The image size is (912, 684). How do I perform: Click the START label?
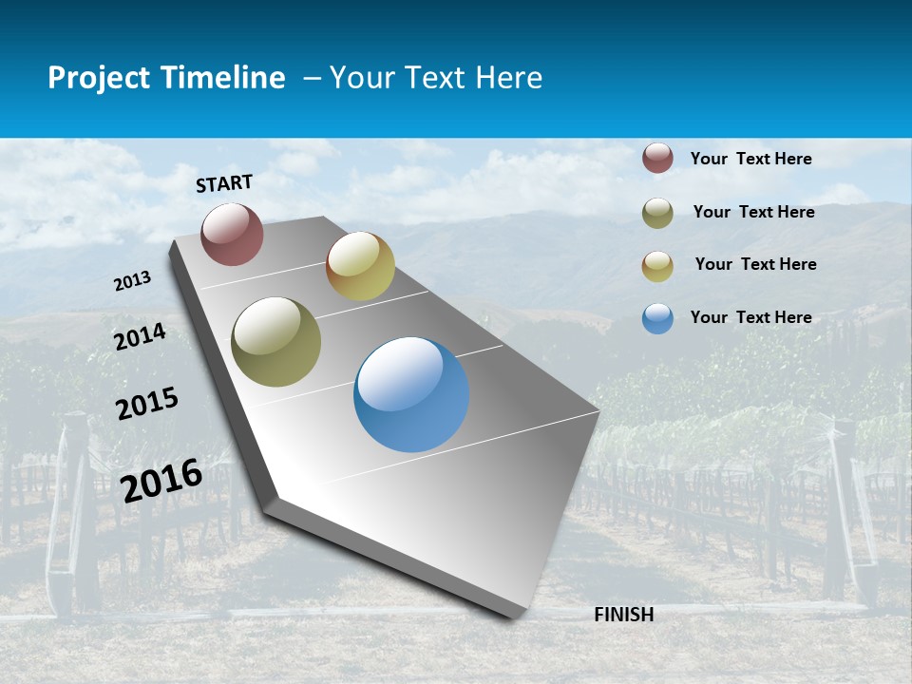(x=224, y=183)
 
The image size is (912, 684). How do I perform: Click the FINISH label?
(x=624, y=615)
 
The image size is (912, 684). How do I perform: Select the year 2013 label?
(x=132, y=281)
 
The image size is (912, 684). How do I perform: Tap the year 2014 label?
(x=140, y=336)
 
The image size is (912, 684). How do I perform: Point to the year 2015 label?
(x=147, y=404)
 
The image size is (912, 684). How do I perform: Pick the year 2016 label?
(x=161, y=480)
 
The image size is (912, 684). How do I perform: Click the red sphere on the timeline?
(x=232, y=234)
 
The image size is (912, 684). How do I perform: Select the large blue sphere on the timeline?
(x=411, y=394)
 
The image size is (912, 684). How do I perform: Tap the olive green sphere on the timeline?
(x=275, y=342)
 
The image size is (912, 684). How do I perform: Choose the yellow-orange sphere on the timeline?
(x=360, y=266)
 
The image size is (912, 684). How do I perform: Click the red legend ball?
(x=657, y=159)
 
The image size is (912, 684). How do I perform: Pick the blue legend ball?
(x=657, y=318)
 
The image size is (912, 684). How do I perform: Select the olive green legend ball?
(x=657, y=213)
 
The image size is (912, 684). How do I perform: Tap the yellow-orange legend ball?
(x=657, y=266)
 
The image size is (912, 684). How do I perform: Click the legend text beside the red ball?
(x=750, y=159)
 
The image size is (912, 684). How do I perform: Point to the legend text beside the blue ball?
(x=750, y=317)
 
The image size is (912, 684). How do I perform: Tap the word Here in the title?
(x=508, y=78)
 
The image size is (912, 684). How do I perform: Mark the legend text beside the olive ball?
(x=753, y=212)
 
